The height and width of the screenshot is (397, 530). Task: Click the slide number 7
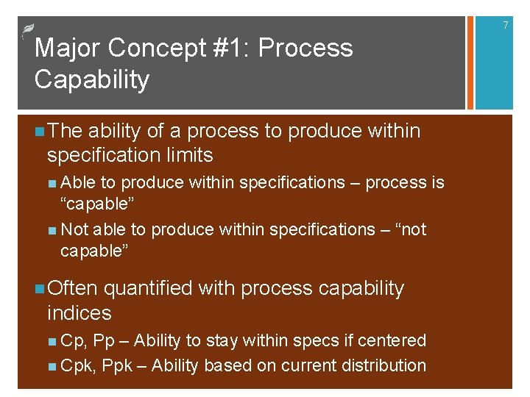point(506,26)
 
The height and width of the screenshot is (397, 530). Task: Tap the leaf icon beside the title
point(27,30)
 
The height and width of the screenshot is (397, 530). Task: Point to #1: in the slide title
point(230,49)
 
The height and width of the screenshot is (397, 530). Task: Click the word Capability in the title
point(92,79)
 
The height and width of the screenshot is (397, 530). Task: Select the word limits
point(190,155)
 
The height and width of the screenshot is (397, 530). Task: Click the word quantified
point(152,288)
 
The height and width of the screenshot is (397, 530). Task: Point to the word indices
point(79,313)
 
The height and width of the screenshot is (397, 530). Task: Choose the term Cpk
point(78,365)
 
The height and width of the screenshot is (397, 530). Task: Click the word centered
point(395,340)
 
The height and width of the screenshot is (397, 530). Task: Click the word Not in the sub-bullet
point(74,230)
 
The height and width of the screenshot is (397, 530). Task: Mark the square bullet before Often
point(39,289)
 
